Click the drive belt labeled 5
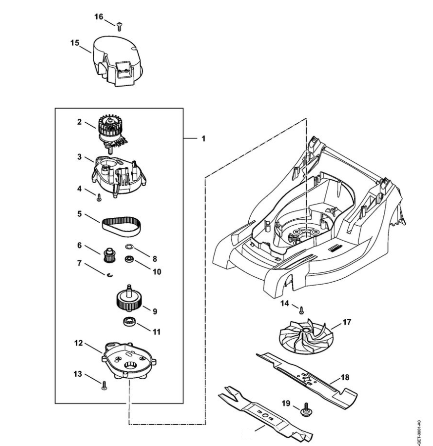click(120, 226)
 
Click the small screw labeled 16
click(119, 25)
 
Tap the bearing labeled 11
click(129, 322)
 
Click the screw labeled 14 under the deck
click(301, 310)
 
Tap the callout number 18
click(346, 377)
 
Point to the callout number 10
click(157, 272)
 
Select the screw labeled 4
click(99, 197)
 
